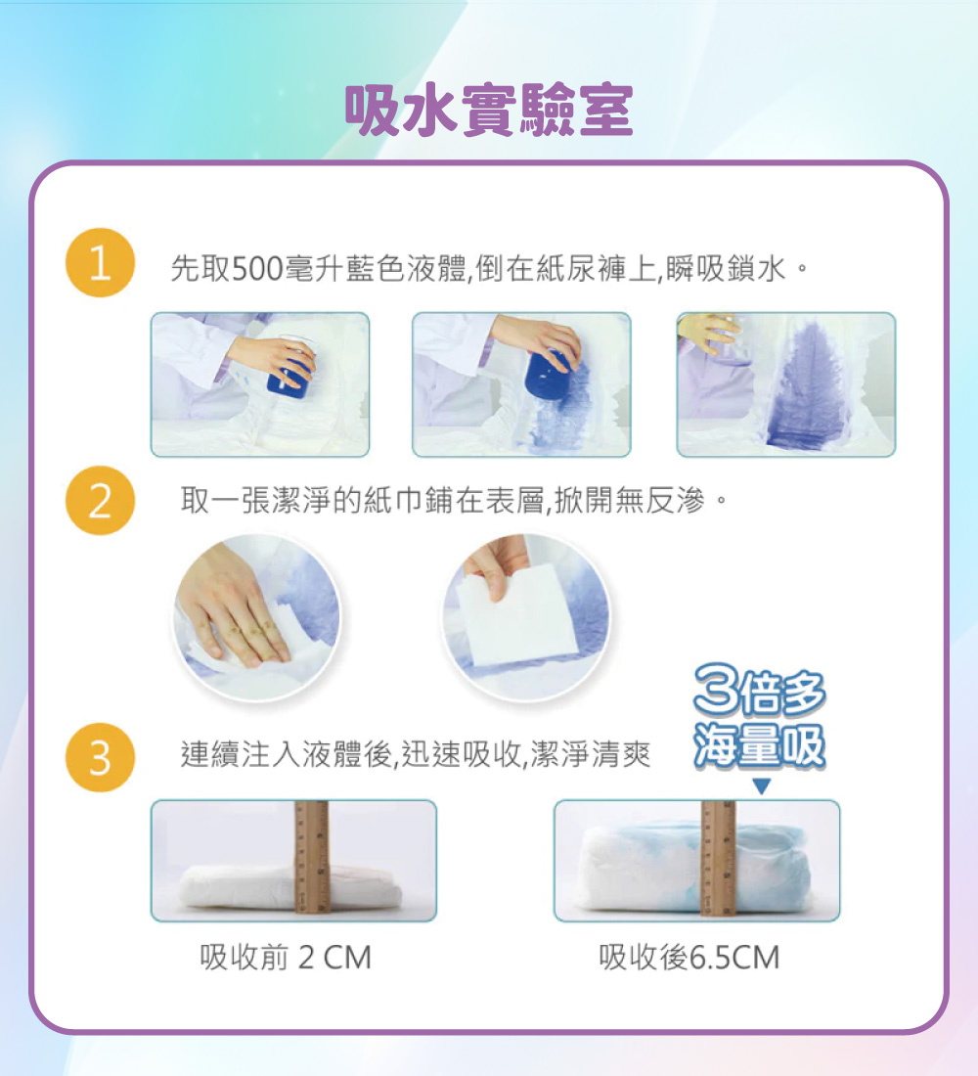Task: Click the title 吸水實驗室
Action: coord(488,111)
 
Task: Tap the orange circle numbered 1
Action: coord(100,262)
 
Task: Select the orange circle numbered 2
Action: coord(100,500)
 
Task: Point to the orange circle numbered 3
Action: coord(100,757)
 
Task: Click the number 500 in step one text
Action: coord(257,268)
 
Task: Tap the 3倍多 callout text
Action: coord(759,691)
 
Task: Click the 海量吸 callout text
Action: coord(759,744)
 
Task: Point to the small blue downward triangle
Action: coord(762,786)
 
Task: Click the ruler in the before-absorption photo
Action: coord(312,857)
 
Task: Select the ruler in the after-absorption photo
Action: coord(719,859)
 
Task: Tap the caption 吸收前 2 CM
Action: coord(286,958)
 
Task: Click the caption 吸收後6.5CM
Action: coord(689,958)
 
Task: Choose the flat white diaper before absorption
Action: coord(289,887)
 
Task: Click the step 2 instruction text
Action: coord(453,500)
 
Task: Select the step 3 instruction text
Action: coord(416,755)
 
